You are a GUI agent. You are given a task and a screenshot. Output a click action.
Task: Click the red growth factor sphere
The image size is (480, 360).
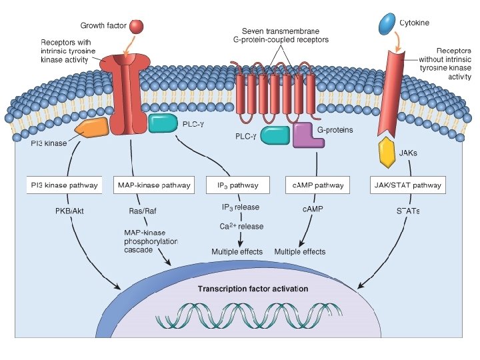point(136,27)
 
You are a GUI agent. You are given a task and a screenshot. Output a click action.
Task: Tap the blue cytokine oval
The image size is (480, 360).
point(385,26)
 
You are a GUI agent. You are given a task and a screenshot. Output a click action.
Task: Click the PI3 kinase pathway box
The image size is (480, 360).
point(64,185)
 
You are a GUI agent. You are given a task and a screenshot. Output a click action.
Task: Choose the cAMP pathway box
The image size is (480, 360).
point(315,185)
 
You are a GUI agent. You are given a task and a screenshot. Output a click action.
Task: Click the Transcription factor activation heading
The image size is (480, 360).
point(253,289)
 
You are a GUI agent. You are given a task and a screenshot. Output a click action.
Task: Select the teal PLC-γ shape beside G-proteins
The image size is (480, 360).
point(275,135)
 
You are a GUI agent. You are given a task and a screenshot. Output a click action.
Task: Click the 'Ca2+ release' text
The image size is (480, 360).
point(242,227)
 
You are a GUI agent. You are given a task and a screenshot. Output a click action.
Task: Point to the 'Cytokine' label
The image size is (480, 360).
point(414,23)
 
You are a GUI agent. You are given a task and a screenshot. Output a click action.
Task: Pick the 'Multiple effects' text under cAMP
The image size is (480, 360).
point(300,251)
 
